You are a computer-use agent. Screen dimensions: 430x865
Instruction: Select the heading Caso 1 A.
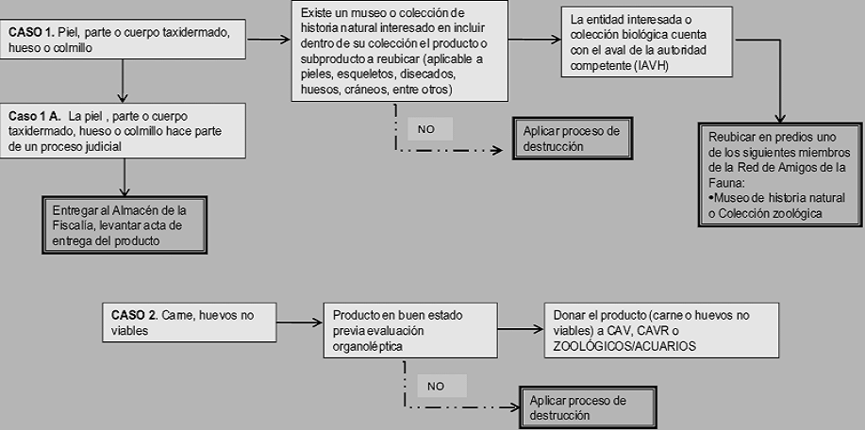coord(35,115)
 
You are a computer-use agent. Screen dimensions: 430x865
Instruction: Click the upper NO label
coord(425,128)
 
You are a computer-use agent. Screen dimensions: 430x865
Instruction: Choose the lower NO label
coord(436,386)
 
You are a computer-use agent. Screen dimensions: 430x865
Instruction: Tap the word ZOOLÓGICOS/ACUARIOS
coord(618,346)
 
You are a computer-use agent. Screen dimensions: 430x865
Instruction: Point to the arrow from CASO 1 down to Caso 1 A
coord(124,80)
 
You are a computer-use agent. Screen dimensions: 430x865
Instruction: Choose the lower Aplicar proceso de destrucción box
coord(577,407)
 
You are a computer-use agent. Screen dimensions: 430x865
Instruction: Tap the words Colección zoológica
coord(764,214)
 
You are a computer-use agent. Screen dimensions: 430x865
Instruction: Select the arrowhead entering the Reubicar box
coord(782,117)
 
